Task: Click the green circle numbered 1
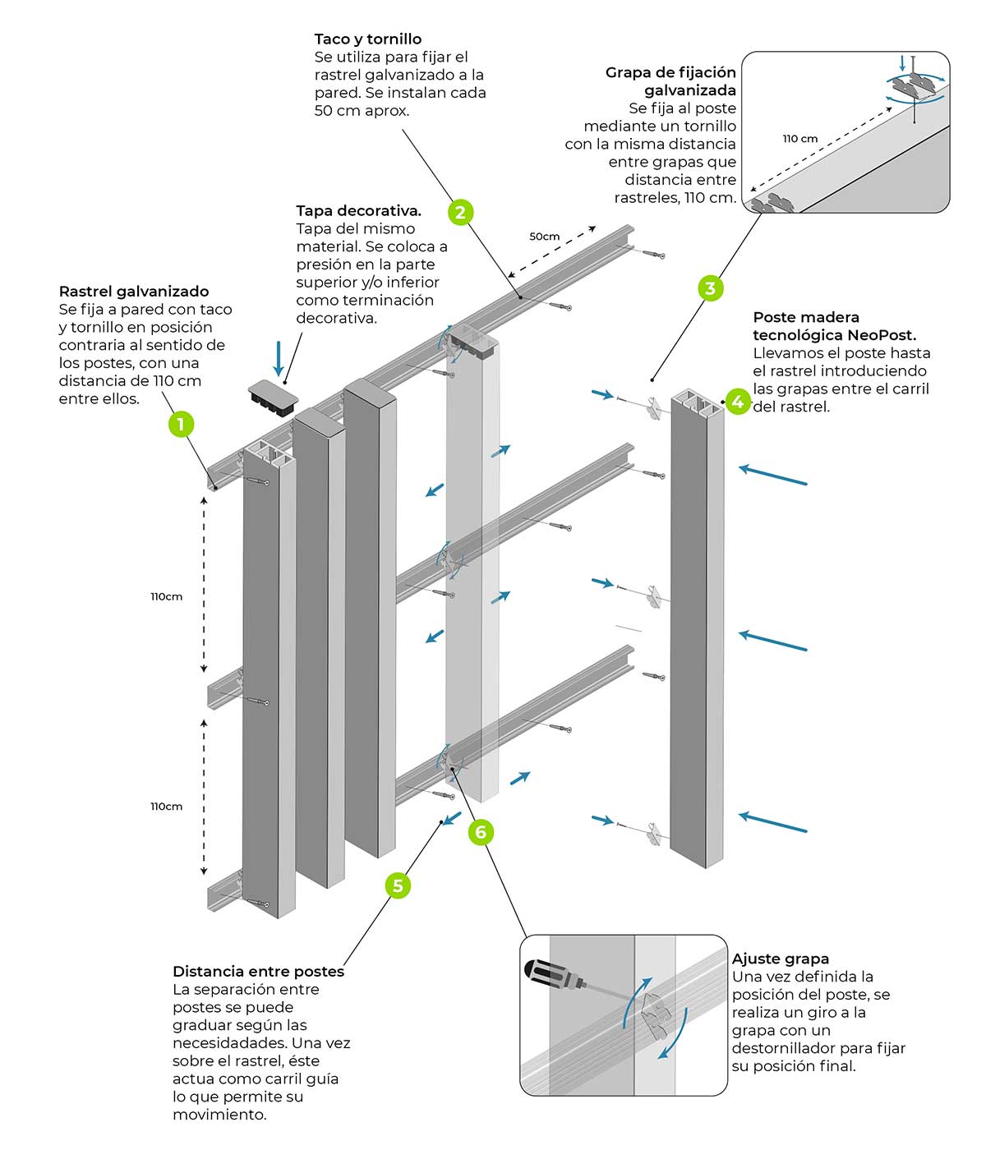[181, 424]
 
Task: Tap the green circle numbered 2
[460, 213]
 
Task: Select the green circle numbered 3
[711, 288]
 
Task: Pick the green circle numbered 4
[738, 402]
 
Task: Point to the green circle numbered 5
[398, 886]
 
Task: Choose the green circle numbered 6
[481, 831]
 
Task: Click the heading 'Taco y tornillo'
[368, 39]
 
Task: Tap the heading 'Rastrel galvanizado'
[133, 292]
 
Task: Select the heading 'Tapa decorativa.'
[359, 211]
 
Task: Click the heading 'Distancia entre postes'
[259, 972]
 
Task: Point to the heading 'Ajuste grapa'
[780, 959]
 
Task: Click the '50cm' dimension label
[544, 237]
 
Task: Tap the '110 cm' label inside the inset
[800, 139]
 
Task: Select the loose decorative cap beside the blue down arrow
[273, 398]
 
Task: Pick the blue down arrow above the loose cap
[279, 358]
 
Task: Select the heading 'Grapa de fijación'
[670, 73]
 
